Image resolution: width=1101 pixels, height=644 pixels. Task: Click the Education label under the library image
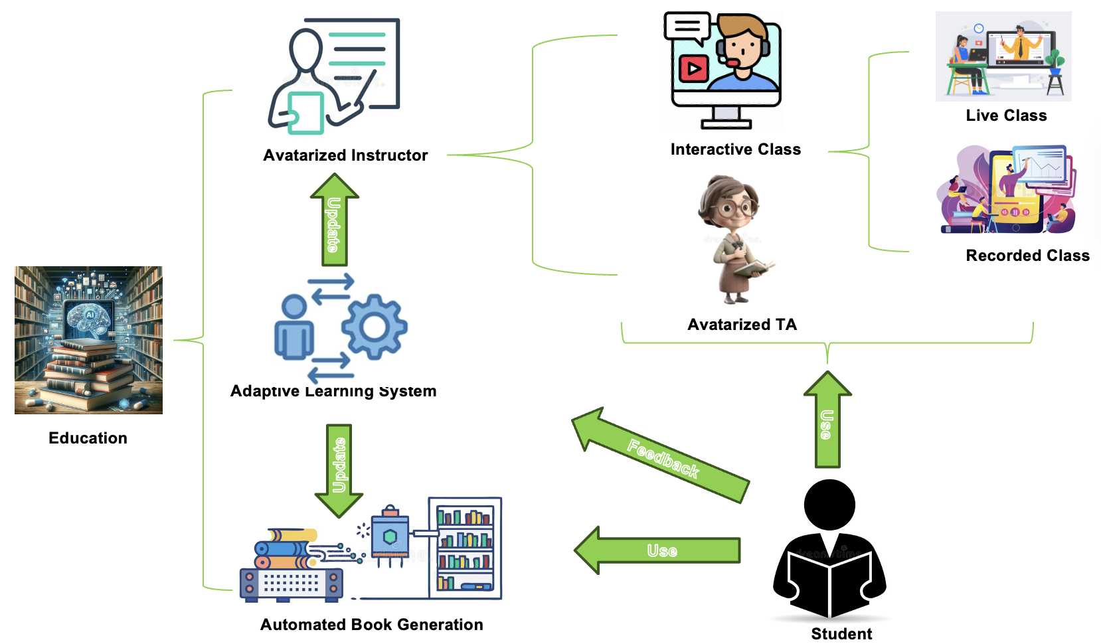pyautogui.click(x=88, y=438)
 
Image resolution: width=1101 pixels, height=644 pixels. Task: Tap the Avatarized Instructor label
pyautogui.click(x=345, y=155)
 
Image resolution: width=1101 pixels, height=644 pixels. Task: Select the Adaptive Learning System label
pyautogui.click(x=333, y=391)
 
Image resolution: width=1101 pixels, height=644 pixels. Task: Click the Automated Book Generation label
pyautogui.click(x=371, y=625)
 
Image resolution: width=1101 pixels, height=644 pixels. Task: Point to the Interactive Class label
pyautogui.click(x=735, y=149)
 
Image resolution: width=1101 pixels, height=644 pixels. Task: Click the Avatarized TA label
pyautogui.click(x=742, y=325)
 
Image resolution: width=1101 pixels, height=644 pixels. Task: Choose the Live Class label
pyautogui.click(x=1006, y=116)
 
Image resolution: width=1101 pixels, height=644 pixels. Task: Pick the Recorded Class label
pyautogui.click(x=1027, y=256)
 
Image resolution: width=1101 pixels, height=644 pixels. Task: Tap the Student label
pyautogui.click(x=841, y=634)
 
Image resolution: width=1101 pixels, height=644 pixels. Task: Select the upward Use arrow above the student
pyautogui.click(x=827, y=422)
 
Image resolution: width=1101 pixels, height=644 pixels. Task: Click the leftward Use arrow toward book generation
pyautogui.click(x=657, y=550)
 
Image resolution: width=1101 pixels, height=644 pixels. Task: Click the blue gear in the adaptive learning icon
pyautogui.click(x=374, y=327)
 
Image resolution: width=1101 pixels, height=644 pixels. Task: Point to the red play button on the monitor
pyautogui.click(x=693, y=68)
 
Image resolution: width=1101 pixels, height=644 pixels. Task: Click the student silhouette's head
pyautogui.click(x=829, y=505)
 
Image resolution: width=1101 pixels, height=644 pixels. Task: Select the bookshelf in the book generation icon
pyautogui.click(x=465, y=548)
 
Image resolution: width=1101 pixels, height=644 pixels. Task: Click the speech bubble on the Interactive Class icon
pyautogui.click(x=687, y=27)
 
